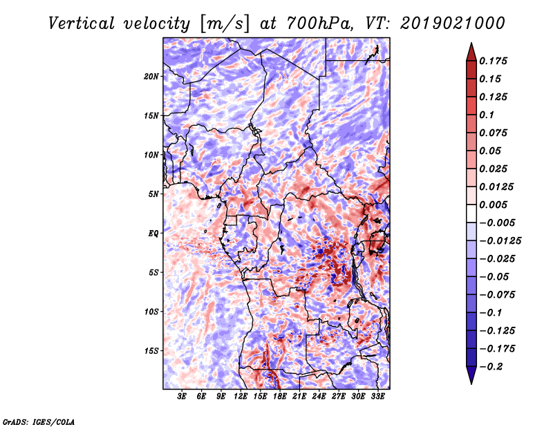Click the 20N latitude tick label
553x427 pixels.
point(151,76)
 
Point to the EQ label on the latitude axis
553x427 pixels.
point(153,233)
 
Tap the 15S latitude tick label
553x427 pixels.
point(151,350)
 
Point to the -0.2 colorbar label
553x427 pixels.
point(492,366)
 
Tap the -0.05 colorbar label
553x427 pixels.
point(495,276)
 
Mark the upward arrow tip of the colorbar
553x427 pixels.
point(470,45)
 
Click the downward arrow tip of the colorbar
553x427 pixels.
point(470,382)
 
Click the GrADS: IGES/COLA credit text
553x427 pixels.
point(39,421)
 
